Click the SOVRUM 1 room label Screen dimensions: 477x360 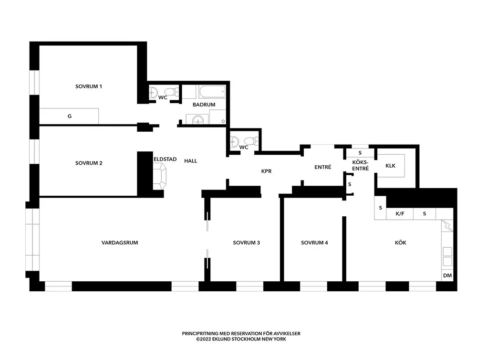[x=89, y=86]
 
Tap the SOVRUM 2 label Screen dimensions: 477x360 [x=89, y=163]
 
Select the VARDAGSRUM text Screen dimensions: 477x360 [x=120, y=243]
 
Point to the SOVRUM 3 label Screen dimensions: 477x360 [x=247, y=243]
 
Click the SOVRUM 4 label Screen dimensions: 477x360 [x=314, y=243]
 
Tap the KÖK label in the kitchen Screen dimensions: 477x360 [x=401, y=243]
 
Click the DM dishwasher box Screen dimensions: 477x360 [x=447, y=275]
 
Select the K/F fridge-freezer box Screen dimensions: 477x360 [x=400, y=214]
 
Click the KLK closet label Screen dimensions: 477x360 [x=390, y=166]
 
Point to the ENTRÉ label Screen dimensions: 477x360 [x=323, y=167]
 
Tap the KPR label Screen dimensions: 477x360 [x=266, y=171]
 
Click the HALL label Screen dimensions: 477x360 [x=191, y=161]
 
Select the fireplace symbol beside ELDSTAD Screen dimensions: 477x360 [x=160, y=176]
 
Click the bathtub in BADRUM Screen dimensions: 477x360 [x=212, y=92]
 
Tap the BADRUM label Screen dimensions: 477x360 [x=204, y=105]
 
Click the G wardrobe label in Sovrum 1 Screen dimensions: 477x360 [x=70, y=116]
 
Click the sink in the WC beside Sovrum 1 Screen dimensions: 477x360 [x=153, y=92]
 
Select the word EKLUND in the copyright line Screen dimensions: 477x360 [x=221, y=339]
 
